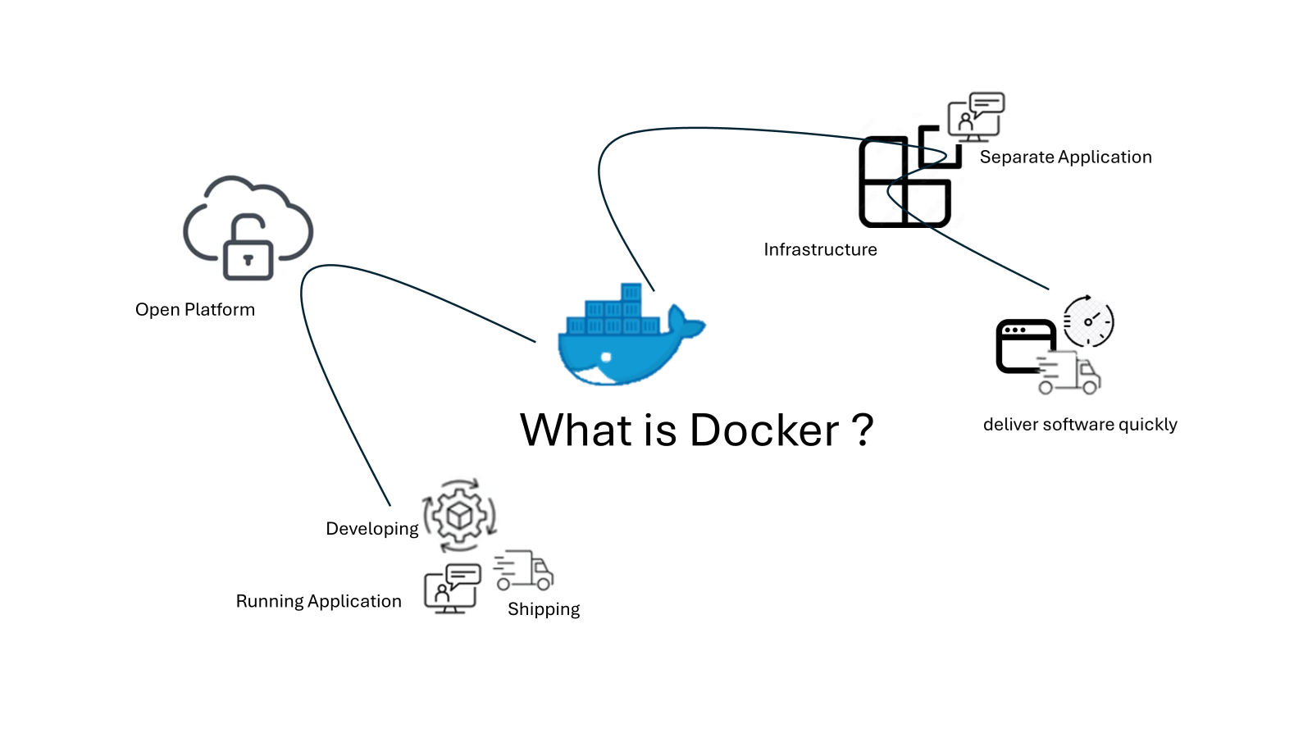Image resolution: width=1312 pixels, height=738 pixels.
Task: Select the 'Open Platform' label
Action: (x=195, y=310)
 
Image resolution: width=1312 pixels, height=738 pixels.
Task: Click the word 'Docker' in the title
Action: (x=764, y=430)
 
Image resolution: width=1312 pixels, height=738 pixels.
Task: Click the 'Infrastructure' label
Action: (x=820, y=250)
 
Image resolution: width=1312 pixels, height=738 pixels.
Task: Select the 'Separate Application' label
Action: (x=1065, y=157)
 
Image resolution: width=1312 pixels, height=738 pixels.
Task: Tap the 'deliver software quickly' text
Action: (x=1080, y=425)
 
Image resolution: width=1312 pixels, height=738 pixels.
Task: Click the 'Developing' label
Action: (x=372, y=529)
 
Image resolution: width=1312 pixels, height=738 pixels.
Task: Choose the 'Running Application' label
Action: (x=319, y=602)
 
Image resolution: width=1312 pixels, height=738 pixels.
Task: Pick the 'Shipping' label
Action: (x=544, y=609)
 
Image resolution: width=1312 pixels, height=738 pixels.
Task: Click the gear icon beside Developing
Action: (x=459, y=516)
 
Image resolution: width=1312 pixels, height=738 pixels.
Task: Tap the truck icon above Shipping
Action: (x=524, y=571)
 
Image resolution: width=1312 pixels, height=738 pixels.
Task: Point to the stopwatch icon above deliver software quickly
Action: (x=1088, y=321)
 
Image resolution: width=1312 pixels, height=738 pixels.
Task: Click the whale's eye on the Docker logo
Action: (x=606, y=358)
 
